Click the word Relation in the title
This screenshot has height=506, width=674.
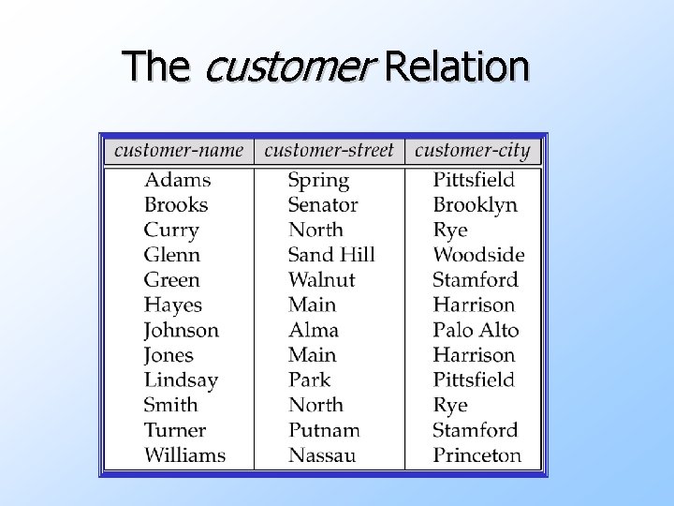(457, 67)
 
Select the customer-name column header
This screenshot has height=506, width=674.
(179, 150)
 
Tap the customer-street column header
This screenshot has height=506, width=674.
(330, 150)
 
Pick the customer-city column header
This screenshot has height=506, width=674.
(472, 150)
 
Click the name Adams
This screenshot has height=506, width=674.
(177, 180)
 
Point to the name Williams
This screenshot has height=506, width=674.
(184, 455)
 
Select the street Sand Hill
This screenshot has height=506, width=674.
(331, 255)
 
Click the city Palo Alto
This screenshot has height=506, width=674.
(476, 330)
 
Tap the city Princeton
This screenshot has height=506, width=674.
(476, 455)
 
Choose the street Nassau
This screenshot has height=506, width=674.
(322, 455)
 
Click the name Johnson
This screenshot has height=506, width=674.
(181, 330)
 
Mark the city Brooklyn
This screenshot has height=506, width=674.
(475, 205)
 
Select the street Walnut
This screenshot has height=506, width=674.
(321, 279)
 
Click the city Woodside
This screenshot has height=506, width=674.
(478, 255)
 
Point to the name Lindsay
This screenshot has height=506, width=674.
(181, 380)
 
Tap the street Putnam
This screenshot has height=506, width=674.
(324, 430)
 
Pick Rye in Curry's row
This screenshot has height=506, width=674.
(449, 231)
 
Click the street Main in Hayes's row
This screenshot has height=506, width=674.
(312, 305)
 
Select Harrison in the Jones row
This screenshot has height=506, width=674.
(474, 355)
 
